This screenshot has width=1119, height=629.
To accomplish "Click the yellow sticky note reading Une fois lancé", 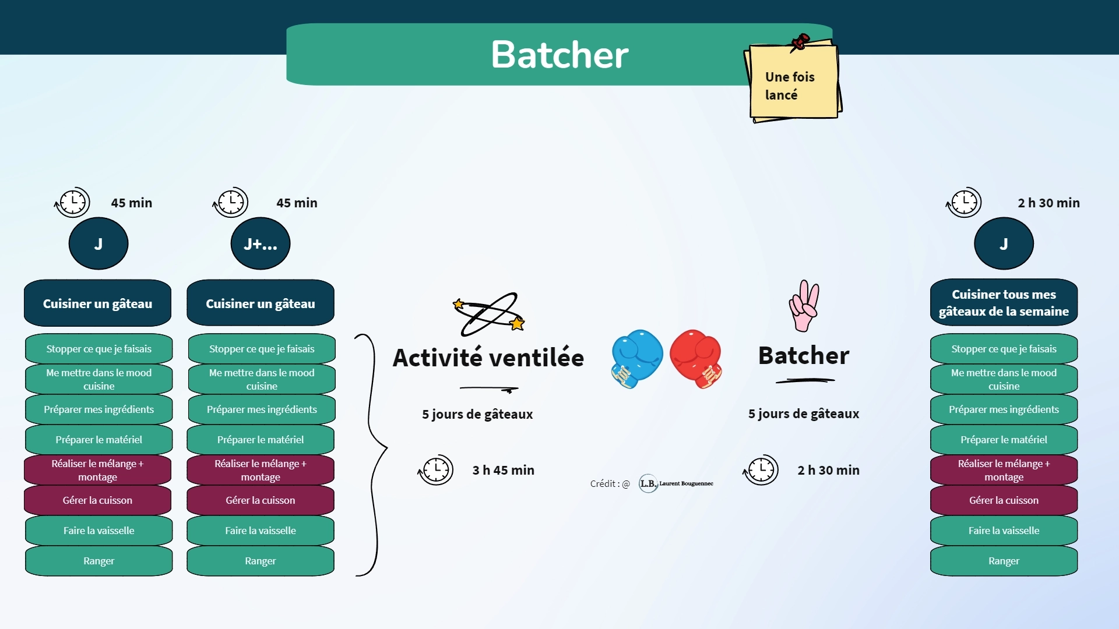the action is [793, 81].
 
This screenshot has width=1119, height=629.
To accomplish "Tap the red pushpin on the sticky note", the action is [800, 42].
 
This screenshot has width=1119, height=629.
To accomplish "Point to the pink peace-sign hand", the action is [804, 306].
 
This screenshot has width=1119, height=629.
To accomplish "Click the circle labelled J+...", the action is [261, 243].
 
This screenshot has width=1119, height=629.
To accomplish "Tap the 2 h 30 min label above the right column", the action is [1048, 203].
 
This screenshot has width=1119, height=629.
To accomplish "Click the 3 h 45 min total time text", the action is [503, 470].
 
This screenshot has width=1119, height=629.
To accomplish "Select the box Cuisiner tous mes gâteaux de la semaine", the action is [1004, 302].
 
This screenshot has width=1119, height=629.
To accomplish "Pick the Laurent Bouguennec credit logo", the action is [676, 483].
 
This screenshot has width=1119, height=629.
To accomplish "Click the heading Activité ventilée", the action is [488, 357].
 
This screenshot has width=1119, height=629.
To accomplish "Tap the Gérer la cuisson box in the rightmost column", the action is [1004, 500].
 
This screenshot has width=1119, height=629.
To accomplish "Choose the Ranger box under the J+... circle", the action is [261, 561].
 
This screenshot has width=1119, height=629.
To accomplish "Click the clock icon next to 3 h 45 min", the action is [436, 469].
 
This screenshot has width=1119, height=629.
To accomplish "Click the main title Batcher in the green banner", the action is [559, 55].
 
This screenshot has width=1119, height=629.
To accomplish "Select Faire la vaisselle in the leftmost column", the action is [98, 531].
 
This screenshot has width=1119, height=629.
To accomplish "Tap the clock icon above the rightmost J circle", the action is [964, 203].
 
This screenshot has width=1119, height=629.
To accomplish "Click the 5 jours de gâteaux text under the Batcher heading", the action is [804, 414].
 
